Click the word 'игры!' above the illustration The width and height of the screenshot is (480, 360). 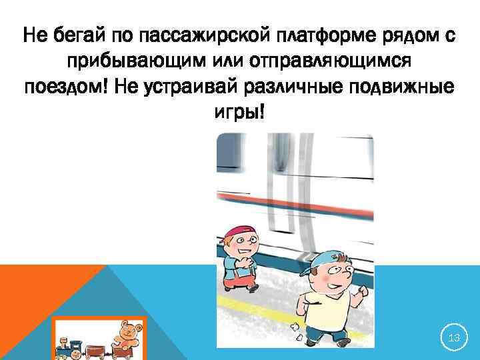(239, 113)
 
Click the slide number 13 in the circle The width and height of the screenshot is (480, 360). (455, 339)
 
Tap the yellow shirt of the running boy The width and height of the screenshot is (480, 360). (325, 313)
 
